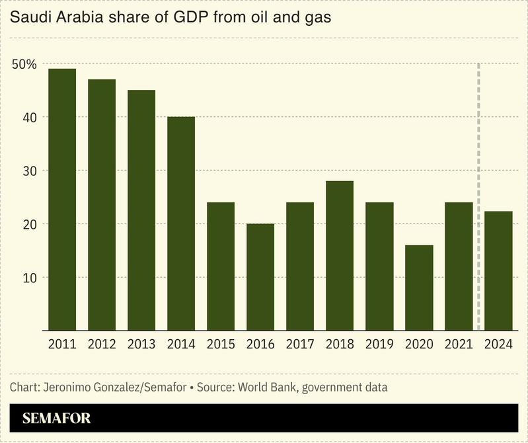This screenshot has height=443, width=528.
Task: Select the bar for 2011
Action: (x=62, y=199)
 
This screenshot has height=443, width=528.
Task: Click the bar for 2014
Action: (x=181, y=223)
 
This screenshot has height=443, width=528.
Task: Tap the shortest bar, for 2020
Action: (x=419, y=288)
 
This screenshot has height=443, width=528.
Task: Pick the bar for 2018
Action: (x=340, y=255)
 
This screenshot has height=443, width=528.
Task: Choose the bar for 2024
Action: (x=499, y=270)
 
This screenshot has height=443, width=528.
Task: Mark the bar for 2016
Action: (x=260, y=277)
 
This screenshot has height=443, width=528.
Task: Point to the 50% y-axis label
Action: (x=24, y=64)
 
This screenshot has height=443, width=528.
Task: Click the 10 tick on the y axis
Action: (x=30, y=277)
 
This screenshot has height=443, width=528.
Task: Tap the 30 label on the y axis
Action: (x=30, y=171)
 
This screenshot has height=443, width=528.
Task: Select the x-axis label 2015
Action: (x=221, y=344)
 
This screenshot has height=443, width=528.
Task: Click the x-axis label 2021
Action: (x=459, y=344)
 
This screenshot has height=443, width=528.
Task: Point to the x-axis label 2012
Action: (x=102, y=344)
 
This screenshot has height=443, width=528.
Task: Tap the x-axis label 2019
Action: (x=379, y=344)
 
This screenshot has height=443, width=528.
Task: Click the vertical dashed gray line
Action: (x=478, y=198)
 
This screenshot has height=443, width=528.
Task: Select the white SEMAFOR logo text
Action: (x=56, y=419)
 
